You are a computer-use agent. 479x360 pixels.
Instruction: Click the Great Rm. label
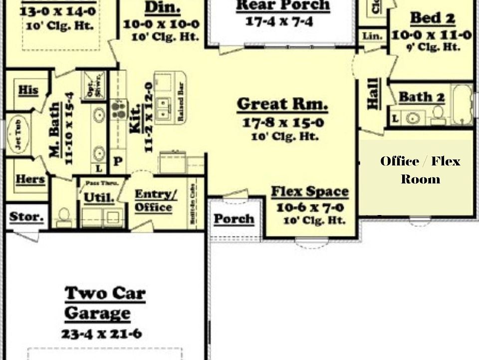(x=282, y=104)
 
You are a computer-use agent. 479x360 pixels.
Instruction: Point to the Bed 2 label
(x=432, y=18)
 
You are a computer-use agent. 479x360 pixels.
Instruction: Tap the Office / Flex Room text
(x=420, y=170)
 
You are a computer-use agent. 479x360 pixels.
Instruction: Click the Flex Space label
(x=309, y=191)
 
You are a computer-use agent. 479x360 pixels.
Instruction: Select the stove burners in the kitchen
(x=118, y=109)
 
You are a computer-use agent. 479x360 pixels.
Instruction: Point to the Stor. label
(x=26, y=217)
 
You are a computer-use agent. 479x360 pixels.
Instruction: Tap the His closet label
(x=28, y=90)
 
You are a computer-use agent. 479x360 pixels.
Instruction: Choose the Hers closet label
(x=30, y=179)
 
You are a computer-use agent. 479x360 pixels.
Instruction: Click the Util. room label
(x=99, y=197)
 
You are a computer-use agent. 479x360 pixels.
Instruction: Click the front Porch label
(x=234, y=218)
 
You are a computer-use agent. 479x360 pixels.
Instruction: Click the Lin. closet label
(x=372, y=36)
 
